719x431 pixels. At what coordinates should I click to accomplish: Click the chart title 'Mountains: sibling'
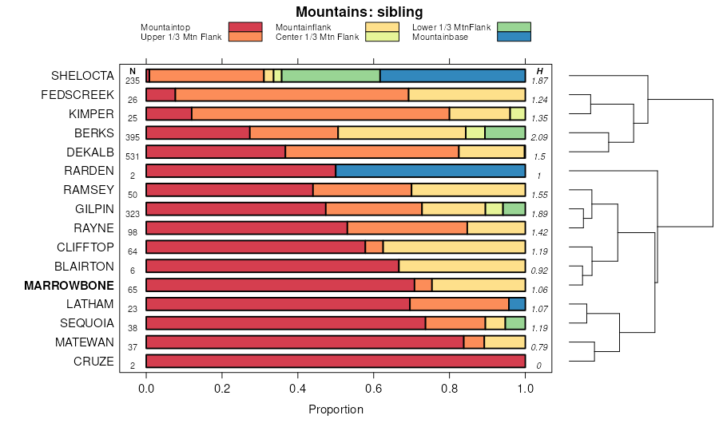click(x=359, y=12)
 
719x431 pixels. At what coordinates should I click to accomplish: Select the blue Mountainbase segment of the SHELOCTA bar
click(x=452, y=76)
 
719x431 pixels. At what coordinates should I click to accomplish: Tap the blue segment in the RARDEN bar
click(x=430, y=171)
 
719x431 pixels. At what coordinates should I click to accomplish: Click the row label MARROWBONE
click(x=69, y=285)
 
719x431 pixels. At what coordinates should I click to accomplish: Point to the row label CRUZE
click(x=93, y=362)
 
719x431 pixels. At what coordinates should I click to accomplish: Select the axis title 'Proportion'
click(x=336, y=409)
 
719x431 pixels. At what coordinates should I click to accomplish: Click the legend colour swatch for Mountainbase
click(x=513, y=37)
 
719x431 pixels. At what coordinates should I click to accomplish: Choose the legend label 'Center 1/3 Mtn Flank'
click(x=317, y=37)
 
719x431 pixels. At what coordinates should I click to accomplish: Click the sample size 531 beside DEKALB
click(x=133, y=157)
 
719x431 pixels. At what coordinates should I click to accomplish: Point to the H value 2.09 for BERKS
click(x=540, y=138)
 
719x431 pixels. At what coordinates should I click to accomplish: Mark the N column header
click(x=133, y=71)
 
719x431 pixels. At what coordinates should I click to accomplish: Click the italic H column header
click(x=540, y=71)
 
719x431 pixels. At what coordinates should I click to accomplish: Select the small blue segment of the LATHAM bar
click(x=517, y=304)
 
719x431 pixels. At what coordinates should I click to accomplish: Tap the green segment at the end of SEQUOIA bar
click(x=515, y=323)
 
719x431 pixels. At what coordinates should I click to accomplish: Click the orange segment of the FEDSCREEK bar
click(x=292, y=95)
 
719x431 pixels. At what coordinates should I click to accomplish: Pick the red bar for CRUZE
click(x=336, y=362)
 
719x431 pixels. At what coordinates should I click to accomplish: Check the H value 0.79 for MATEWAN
click(x=540, y=348)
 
